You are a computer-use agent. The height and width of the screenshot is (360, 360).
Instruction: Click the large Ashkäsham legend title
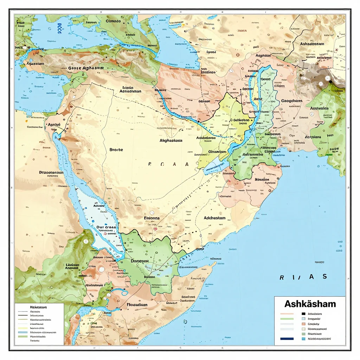click(310, 303)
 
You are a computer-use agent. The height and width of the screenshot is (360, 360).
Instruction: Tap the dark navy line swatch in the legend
click(287, 339)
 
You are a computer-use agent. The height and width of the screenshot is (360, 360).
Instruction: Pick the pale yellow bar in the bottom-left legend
click(22, 327)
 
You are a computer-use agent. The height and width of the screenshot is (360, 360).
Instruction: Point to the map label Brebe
click(116, 149)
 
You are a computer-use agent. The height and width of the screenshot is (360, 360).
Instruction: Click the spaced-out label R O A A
click(168, 164)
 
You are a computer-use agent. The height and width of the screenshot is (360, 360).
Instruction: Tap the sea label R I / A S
click(303, 277)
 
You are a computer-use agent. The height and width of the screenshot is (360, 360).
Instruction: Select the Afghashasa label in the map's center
click(171, 140)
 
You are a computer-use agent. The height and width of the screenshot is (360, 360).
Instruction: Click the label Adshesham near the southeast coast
click(214, 218)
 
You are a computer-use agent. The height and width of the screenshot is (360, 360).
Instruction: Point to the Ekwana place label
click(152, 218)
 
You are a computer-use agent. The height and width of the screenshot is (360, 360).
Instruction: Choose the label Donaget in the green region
click(140, 261)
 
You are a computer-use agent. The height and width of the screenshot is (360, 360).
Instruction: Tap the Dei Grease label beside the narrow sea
click(106, 227)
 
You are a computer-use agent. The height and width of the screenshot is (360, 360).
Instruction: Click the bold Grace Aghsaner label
click(86, 68)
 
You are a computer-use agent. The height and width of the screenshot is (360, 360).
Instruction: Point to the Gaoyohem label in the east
click(292, 101)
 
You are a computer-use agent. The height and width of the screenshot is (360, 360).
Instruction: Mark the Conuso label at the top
click(113, 21)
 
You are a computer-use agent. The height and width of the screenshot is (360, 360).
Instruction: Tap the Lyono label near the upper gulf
click(211, 52)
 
